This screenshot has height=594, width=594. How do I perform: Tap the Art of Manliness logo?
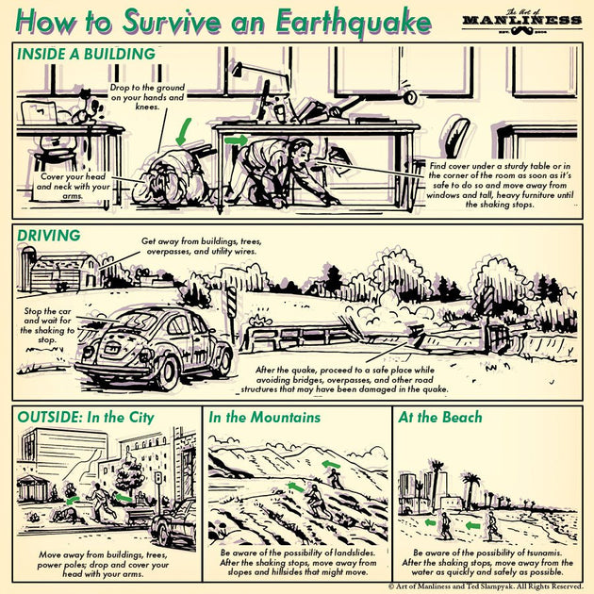click(521, 20)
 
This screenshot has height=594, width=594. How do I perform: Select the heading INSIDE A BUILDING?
click(85, 55)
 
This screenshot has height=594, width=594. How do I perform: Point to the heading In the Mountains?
click(264, 417)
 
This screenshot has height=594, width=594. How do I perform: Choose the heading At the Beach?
click(440, 417)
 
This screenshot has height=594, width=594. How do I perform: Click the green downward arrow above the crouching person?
click(186, 129)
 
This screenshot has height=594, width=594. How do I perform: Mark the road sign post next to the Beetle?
click(229, 311)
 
